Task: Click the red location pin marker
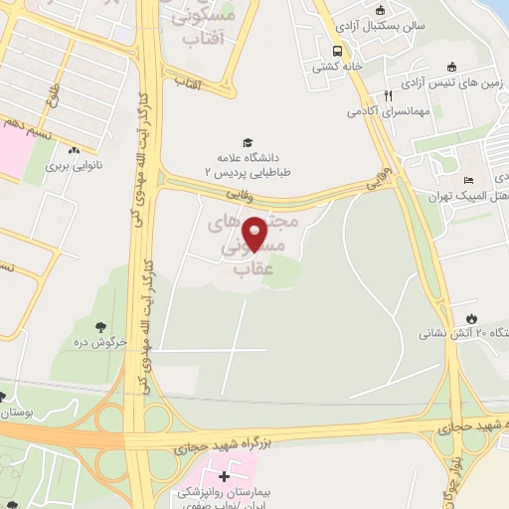[255, 233]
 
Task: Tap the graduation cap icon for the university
[246, 142]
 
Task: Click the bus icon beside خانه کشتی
[338, 52]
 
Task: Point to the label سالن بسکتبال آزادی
[377, 23]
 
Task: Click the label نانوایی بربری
[79, 168]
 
